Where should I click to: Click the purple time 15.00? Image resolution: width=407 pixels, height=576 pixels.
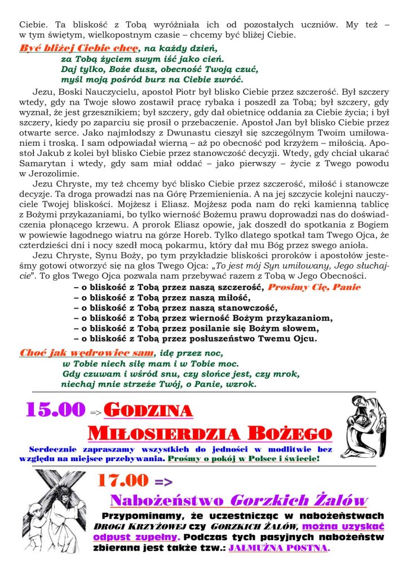tap(55, 409)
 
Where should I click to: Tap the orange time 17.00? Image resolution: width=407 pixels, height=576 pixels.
tap(122, 480)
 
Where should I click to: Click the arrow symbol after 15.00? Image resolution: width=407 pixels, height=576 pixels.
tap(96, 413)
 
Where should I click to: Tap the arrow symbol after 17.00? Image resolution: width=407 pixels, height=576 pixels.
tap(163, 481)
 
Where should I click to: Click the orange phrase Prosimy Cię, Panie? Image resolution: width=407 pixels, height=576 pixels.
tap(314, 287)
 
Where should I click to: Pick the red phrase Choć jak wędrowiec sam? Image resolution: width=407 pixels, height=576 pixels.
tap(86, 352)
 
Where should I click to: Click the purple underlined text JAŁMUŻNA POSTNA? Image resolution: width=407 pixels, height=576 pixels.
tap(277, 547)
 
